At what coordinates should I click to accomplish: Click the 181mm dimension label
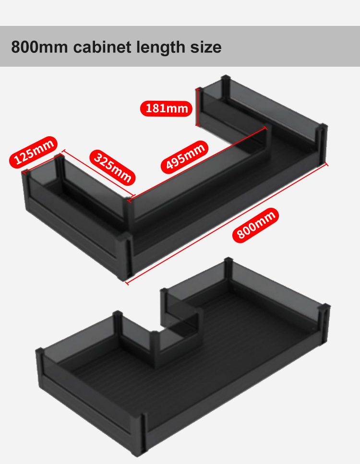coord(166,108)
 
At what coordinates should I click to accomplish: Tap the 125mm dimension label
coord(34,152)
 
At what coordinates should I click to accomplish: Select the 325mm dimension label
coord(112,167)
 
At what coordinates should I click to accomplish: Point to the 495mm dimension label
coord(184,157)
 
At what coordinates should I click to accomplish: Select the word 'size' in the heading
coord(206,48)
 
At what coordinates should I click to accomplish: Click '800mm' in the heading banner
coord(39,47)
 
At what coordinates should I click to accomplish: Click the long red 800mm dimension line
coord(227,224)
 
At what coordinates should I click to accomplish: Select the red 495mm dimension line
coord(197,165)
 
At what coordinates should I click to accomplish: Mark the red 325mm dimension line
coord(98,174)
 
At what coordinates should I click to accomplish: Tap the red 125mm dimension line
coord(39,163)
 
